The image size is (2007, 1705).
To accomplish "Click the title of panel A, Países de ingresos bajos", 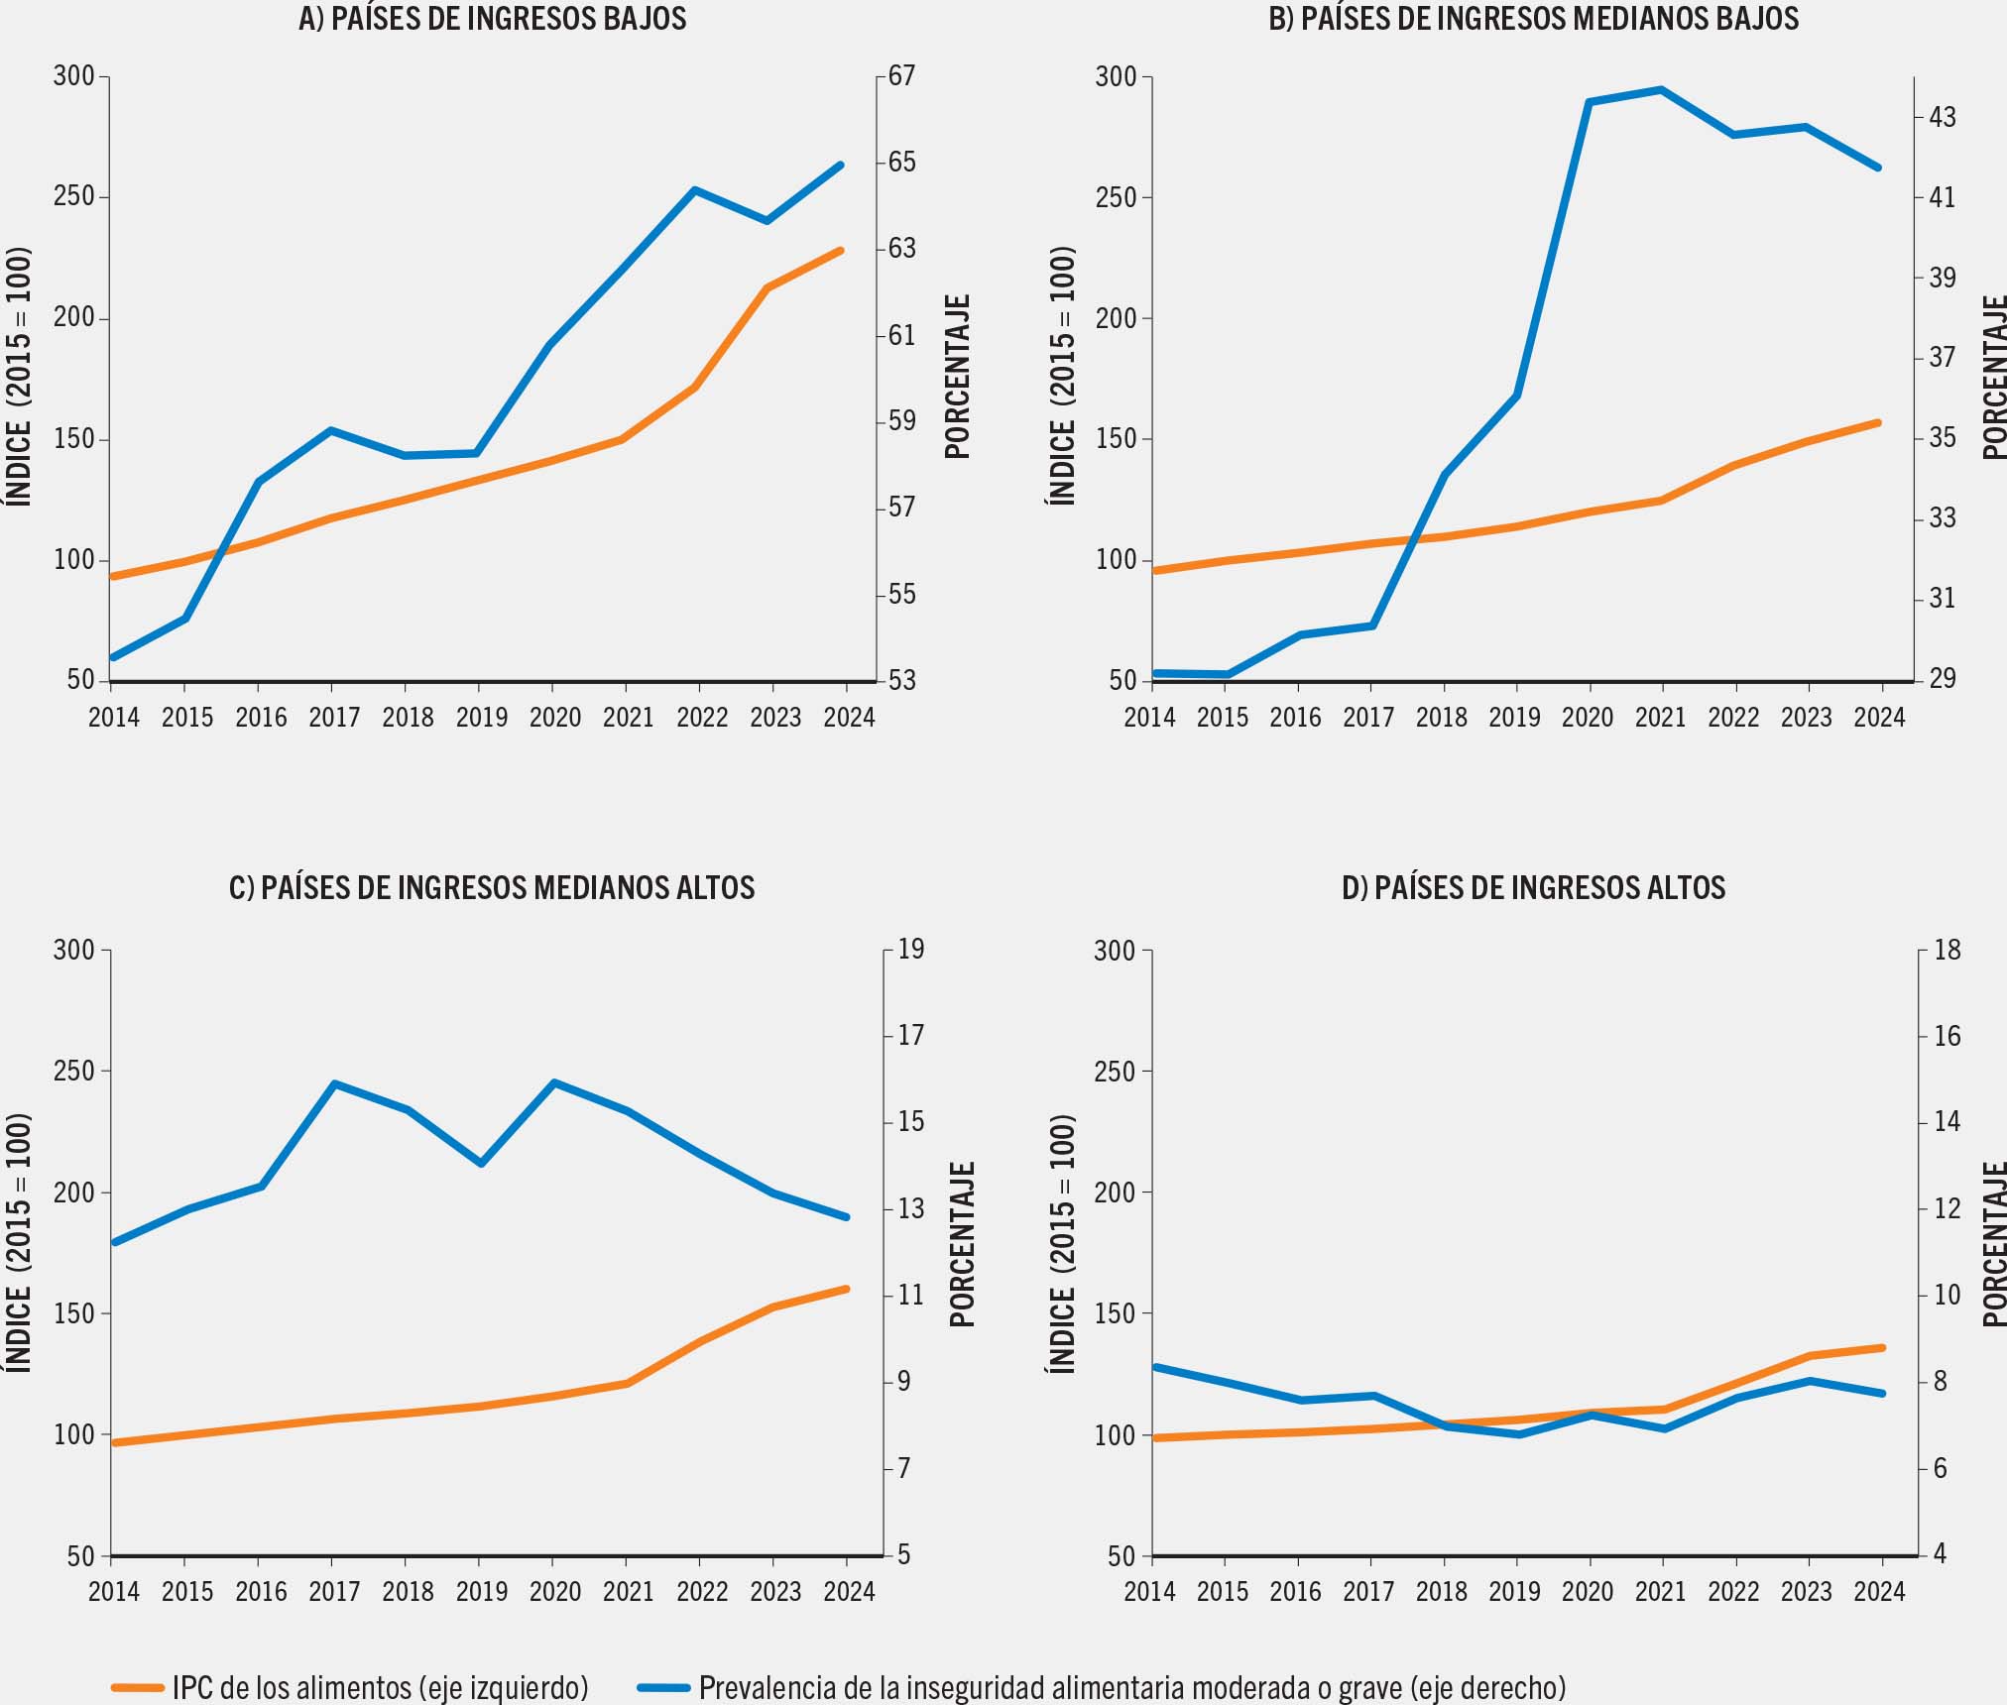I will (x=492, y=19).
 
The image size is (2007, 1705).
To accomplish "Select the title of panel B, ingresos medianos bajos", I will (x=1533, y=19).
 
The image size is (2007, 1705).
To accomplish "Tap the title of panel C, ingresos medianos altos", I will (x=492, y=887).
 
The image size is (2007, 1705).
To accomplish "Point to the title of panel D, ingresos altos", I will (x=1533, y=887).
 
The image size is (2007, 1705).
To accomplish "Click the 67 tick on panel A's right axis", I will (x=901, y=76).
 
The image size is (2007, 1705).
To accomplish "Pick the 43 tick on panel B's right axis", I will (x=1943, y=118).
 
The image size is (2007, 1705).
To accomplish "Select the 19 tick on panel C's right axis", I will (x=910, y=950).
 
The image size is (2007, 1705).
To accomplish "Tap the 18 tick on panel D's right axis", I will (x=1948, y=951).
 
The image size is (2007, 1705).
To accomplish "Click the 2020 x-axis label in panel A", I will (x=554, y=718).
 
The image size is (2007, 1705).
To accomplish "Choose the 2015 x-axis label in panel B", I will (x=1223, y=718).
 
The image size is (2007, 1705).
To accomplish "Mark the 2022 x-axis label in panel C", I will (x=702, y=1592).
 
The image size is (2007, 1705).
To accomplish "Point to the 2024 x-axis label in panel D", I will (x=1880, y=1592).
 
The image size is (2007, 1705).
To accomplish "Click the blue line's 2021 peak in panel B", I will (x=1661, y=90).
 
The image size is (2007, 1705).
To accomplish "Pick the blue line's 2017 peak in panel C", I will (x=334, y=1083).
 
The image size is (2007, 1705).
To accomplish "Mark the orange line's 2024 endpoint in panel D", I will (x=1881, y=1348).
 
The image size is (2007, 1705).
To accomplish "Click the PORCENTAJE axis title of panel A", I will (x=957, y=377).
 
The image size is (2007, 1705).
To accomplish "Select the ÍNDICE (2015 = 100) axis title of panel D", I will (x=1062, y=1244).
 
